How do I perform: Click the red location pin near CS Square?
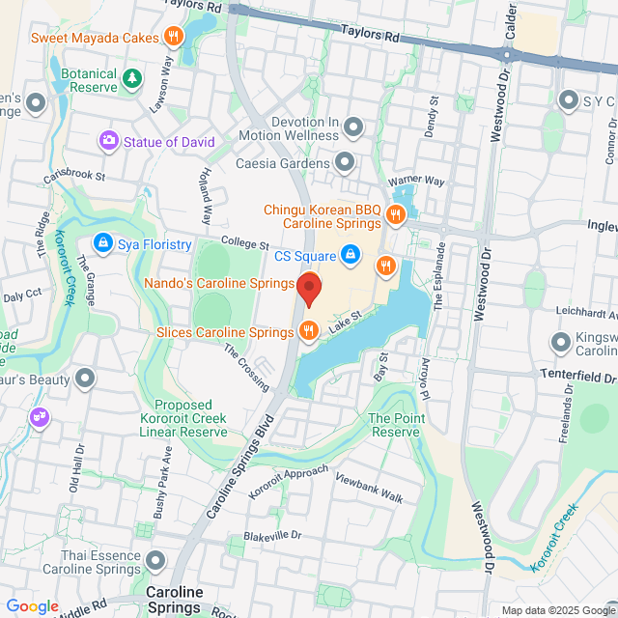point(308,289)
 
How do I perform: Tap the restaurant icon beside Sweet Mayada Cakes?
point(173,38)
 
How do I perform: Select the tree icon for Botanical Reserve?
point(131,77)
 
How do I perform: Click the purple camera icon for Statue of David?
point(109,142)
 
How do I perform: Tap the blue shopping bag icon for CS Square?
point(351,256)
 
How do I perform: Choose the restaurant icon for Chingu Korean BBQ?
point(395,214)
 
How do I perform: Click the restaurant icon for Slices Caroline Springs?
point(308,331)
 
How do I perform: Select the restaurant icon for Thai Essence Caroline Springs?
point(155,560)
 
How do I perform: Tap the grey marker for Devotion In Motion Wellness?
point(353,127)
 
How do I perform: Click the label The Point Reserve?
point(395,425)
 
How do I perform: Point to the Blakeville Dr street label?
point(272,535)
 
